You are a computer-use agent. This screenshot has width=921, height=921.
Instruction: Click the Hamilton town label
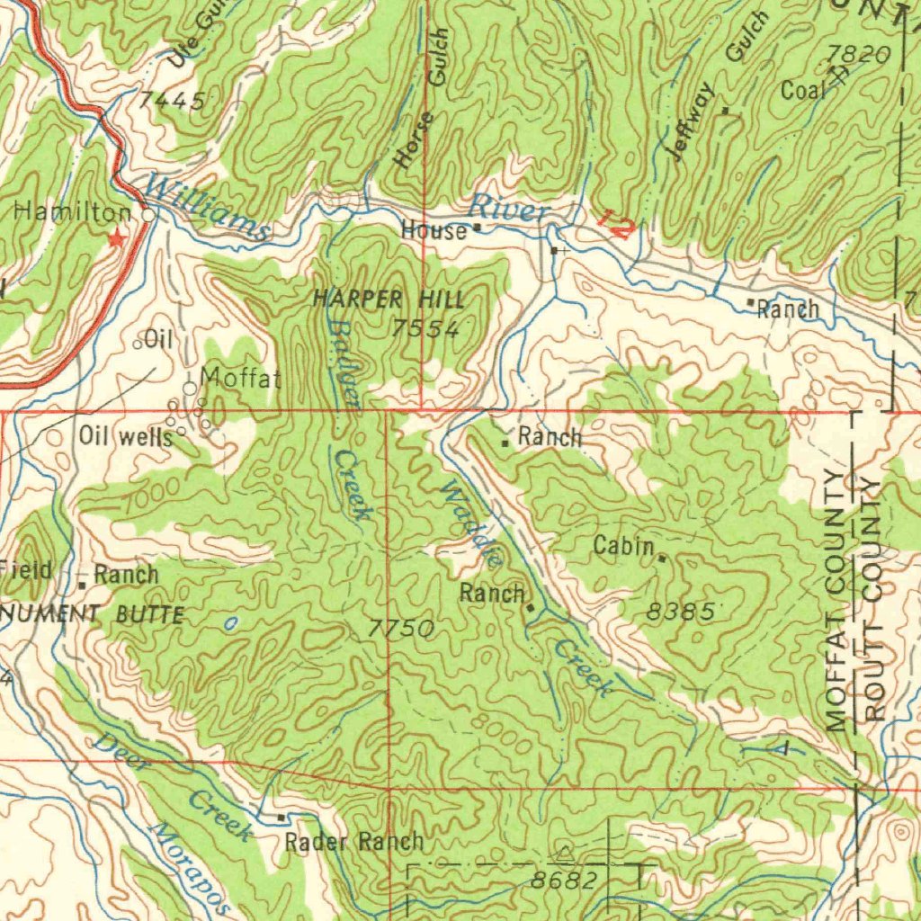coord(72,213)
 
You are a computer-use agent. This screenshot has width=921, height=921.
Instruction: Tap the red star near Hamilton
coord(115,238)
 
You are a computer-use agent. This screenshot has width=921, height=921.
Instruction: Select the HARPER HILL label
coord(389,300)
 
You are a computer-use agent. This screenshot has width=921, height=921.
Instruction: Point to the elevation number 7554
coord(425,329)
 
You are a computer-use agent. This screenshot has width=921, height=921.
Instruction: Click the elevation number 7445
coord(171,101)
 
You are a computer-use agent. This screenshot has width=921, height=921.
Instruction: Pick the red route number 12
coord(613,224)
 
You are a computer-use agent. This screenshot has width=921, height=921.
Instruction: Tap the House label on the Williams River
coord(434,231)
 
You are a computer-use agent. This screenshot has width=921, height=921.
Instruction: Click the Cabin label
coord(623,545)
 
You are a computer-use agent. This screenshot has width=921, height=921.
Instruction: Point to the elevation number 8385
coord(681,613)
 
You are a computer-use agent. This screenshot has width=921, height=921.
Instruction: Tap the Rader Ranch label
coord(353,843)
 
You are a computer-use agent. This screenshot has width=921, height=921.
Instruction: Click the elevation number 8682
coord(563,881)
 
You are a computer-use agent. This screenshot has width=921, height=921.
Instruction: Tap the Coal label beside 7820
coord(802,91)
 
